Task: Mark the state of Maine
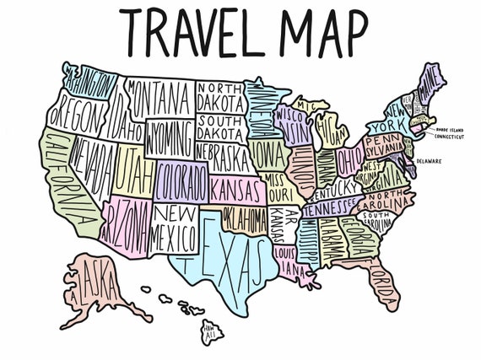[x=431, y=85]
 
